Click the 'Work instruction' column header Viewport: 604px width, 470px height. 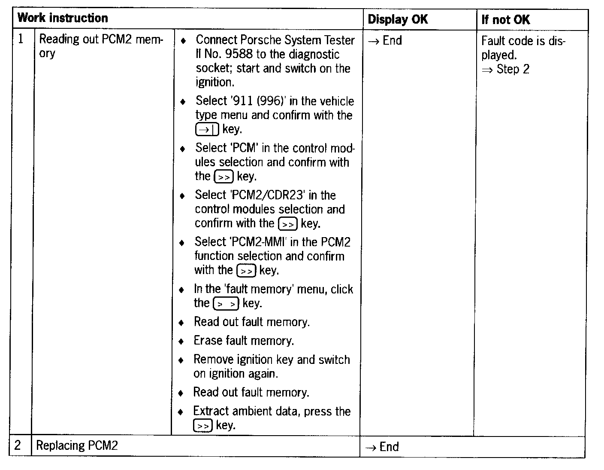click(x=63, y=18)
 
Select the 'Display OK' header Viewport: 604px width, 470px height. click(x=398, y=19)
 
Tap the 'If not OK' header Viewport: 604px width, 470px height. click(x=505, y=19)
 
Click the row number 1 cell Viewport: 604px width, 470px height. click(x=21, y=39)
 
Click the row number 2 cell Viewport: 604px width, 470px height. click(x=18, y=445)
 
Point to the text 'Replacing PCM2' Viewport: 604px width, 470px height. click(x=77, y=446)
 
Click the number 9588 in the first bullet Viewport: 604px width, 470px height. click(x=238, y=54)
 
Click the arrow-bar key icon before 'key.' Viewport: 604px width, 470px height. click(x=207, y=129)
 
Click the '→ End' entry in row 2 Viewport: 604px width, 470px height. click(x=382, y=447)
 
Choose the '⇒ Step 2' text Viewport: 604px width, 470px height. click(x=505, y=69)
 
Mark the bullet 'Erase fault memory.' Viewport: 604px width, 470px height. click(x=244, y=341)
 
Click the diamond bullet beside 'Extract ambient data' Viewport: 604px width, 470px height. click(x=181, y=412)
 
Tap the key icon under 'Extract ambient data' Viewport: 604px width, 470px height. click(x=202, y=426)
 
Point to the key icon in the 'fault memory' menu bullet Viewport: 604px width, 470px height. click(x=226, y=304)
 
